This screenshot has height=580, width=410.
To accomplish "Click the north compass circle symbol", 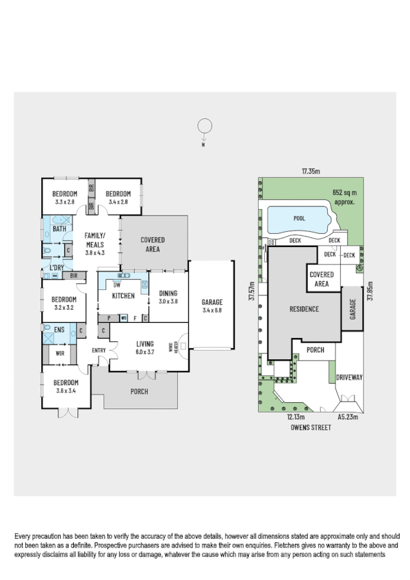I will [x=203, y=126].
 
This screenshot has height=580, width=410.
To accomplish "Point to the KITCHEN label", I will [x=123, y=295].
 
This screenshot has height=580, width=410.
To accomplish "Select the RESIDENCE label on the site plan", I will [x=304, y=308].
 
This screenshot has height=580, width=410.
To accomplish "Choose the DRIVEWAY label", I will [x=350, y=377].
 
